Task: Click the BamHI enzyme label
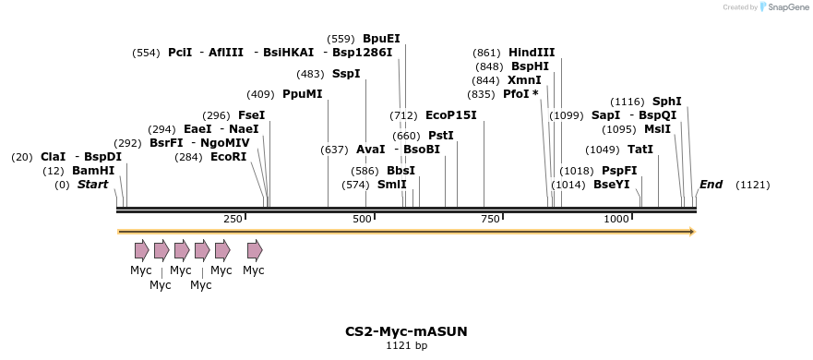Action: tap(93, 171)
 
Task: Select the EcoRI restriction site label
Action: tap(229, 157)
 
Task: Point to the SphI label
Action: tap(667, 102)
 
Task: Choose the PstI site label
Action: tap(441, 136)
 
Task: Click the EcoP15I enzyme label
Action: tap(451, 115)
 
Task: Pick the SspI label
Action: tap(346, 74)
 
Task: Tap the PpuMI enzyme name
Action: tap(303, 94)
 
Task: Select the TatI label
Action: tap(640, 150)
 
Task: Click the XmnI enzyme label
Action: tap(524, 80)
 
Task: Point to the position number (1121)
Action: tap(752, 185)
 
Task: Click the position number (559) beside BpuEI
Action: tap(341, 39)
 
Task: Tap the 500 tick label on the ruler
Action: tap(361, 218)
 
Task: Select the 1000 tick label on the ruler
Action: tap(616, 218)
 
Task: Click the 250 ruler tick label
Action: tap(233, 218)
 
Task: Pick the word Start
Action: tap(92, 185)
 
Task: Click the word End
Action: tap(711, 185)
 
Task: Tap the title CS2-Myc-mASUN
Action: tap(406, 330)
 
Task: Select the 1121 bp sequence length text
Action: tap(406, 346)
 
